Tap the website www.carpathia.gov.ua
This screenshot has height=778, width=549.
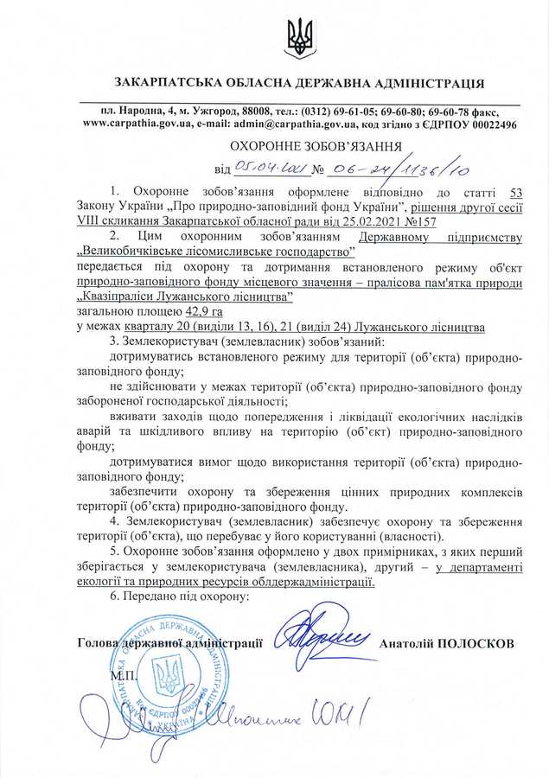click(x=137, y=124)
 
